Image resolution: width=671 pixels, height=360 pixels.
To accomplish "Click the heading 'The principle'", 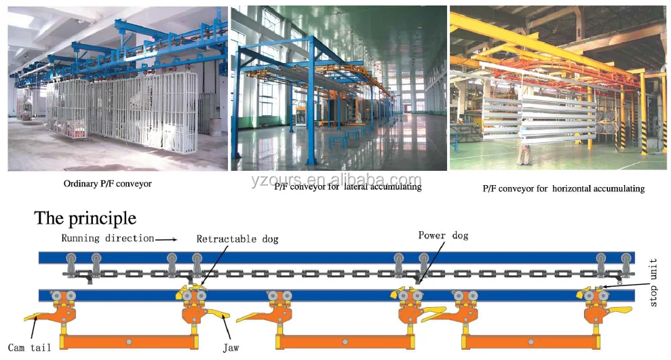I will [x=85, y=218].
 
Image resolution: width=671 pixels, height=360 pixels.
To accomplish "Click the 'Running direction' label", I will [x=107, y=239].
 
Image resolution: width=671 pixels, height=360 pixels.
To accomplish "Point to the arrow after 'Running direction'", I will [x=166, y=239].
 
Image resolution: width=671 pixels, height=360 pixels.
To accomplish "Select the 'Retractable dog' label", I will [x=237, y=239].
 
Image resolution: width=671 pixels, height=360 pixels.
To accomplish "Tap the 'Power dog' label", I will [x=443, y=235].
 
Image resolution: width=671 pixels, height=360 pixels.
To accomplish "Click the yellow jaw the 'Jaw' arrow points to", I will [x=218, y=313].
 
